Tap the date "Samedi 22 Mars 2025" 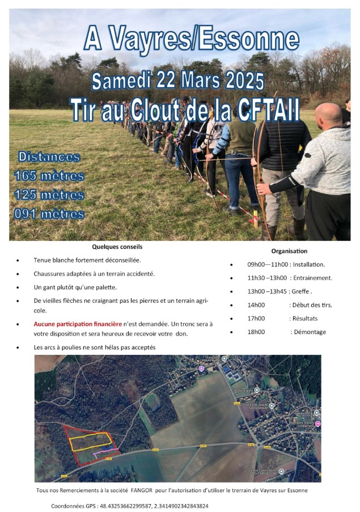tap(178, 81)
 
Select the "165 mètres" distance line tap(50, 176)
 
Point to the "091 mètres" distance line tap(50, 214)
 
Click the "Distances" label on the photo tap(49, 157)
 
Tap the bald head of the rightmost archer tap(329, 116)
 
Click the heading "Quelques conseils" tap(117, 247)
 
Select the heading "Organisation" tap(289, 251)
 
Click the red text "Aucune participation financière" tap(78, 324)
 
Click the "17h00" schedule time tap(256, 318)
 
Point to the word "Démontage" tap(309, 332)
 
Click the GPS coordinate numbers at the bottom tap(154, 505)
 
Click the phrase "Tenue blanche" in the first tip tap(54, 260)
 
